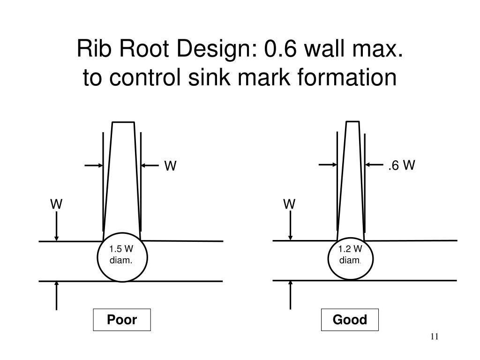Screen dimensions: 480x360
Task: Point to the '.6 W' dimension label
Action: tap(401, 165)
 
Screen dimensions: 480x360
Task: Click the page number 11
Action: tap(435, 337)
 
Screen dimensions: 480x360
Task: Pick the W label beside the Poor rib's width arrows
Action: tap(170, 166)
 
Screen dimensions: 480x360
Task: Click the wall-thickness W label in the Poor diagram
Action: tap(56, 204)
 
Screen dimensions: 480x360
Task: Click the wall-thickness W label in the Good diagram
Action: tap(289, 204)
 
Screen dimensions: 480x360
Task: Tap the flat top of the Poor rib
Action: tap(123, 122)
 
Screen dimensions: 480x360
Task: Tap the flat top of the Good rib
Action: tap(352, 122)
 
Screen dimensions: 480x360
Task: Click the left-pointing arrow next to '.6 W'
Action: tap(375, 165)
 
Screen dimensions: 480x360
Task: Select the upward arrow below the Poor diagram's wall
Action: tap(56, 296)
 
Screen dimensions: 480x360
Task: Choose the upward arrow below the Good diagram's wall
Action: tap(290, 295)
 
